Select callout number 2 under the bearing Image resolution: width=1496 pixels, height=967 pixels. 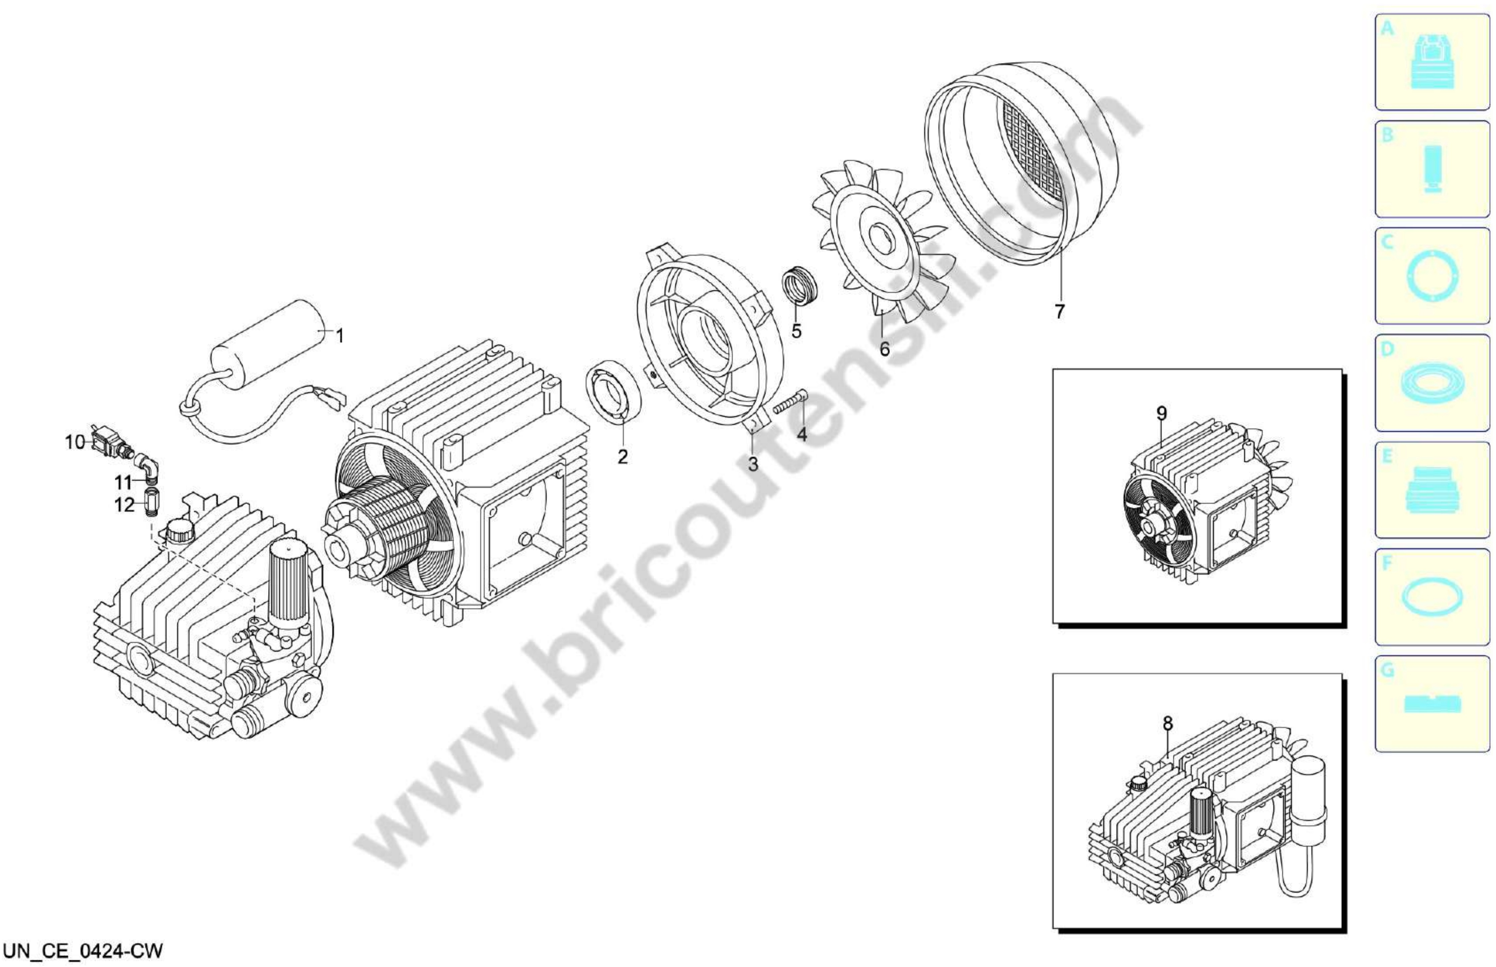(622, 457)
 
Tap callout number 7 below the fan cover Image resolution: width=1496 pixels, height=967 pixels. (1060, 311)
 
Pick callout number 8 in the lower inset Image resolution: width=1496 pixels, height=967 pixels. (1168, 724)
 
